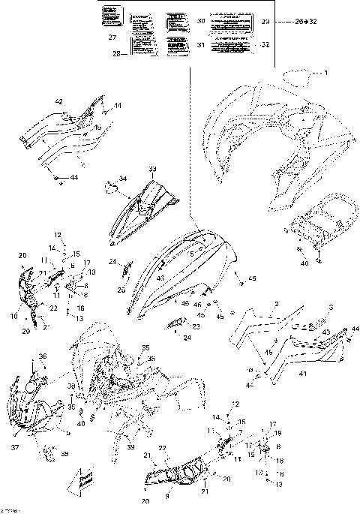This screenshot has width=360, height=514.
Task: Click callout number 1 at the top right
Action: click(x=326, y=73)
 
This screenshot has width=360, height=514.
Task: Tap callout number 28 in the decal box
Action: click(x=116, y=53)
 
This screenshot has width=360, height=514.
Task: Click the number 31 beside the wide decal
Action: click(x=199, y=44)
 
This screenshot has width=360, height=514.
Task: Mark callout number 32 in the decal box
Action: click(x=265, y=45)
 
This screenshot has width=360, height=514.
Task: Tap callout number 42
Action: click(x=58, y=101)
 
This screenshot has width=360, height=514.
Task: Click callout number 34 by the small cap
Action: click(x=124, y=179)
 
